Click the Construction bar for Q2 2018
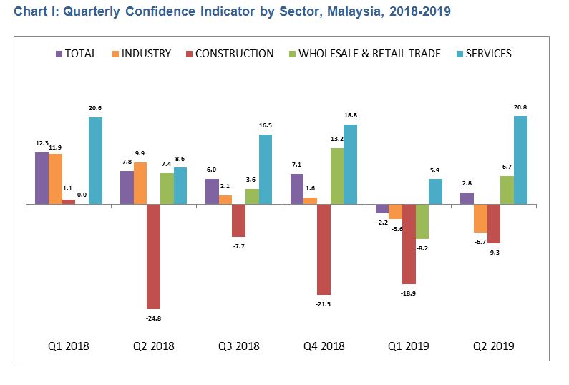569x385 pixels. pyautogui.click(x=153, y=256)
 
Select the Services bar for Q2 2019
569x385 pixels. pyautogui.click(x=520, y=160)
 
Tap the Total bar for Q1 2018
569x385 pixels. pyautogui.click(x=42, y=178)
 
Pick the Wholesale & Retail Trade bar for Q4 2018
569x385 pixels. pyautogui.click(x=336, y=176)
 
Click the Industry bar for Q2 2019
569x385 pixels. pyautogui.click(x=480, y=218)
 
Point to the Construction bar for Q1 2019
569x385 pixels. pyautogui.click(x=409, y=244)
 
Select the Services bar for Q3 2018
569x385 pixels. pyautogui.click(x=266, y=169)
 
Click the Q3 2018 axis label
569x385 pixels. pyautogui.click(x=238, y=346)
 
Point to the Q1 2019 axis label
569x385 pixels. pyautogui.click(x=408, y=346)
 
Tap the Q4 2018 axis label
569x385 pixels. pyautogui.click(x=324, y=346)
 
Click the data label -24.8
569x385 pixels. pyautogui.click(x=153, y=318)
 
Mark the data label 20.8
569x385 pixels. pyautogui.click(x=520, y=107)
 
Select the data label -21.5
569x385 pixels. pyautogui.click(x=324, y=304)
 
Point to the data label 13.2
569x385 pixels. pyautogui.click(x=336, y=140)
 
